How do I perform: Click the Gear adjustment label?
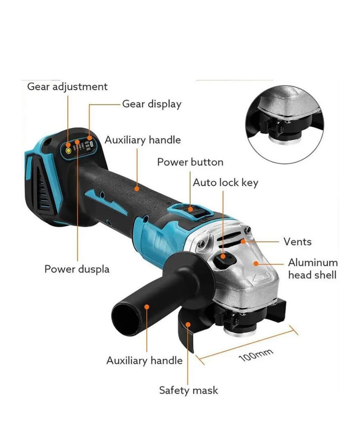[67, 87]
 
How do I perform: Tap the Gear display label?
[152, 104]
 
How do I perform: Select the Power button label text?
[190, 162]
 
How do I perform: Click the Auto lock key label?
[225, 183]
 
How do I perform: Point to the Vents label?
[297, 242]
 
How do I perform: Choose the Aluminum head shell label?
[313, 269]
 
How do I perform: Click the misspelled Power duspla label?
[77, 269]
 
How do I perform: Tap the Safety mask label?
[188, 390]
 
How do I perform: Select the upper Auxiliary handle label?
[143, 140]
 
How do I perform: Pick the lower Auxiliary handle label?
[144, 361]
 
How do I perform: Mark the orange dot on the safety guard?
[188, 324]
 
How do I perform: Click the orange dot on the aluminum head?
[256, 263]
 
